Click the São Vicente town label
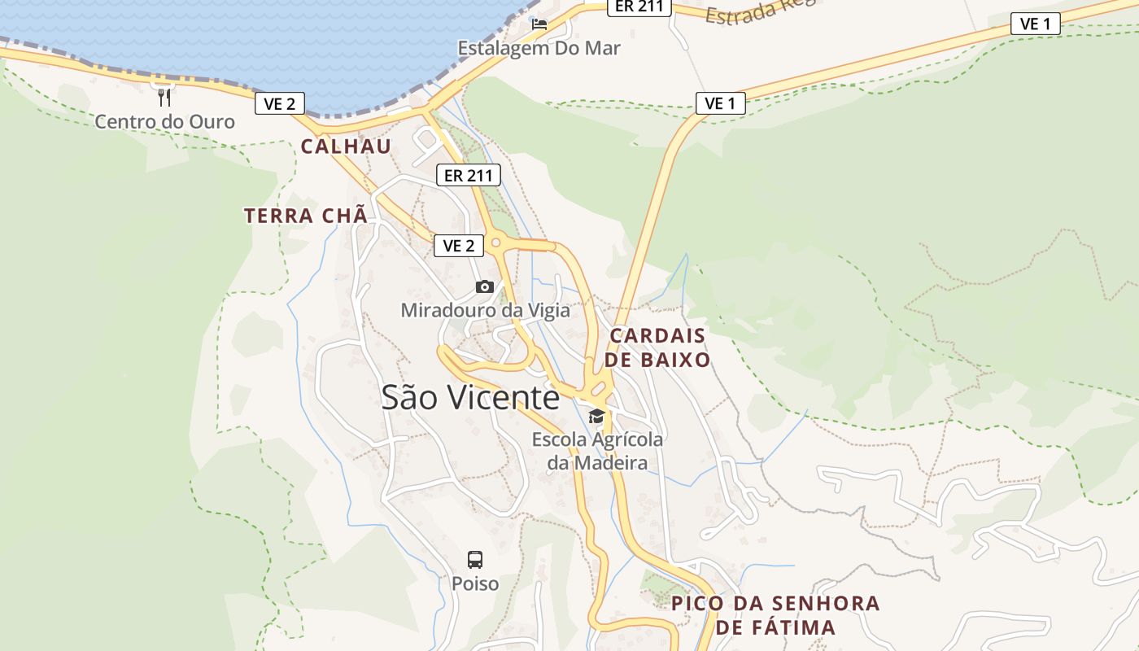[x=470, y=397]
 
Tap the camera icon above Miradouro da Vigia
[x=484, y=286]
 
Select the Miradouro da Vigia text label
[x=485, y=310]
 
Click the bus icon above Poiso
[x=475, y=559]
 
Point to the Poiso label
[x=475, y=583]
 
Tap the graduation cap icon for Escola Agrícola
[x=597, y=416]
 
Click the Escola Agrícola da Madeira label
[x=597, y=451]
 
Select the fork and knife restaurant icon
[x=164, y=98]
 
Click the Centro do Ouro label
[x=164, y=122]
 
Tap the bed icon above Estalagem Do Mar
[x=539, y=24]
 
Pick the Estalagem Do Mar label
[x=539, y=48]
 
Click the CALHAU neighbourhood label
[x=346, y=146]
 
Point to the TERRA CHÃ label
[x=306, y=216]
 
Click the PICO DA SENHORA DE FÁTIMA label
[x=775, y=615]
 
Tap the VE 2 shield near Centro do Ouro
[x=280, y=103]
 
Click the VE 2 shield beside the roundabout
[x=459, y=246]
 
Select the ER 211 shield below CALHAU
[x=468, y=174]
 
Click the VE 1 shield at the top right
[x=1035, y=24]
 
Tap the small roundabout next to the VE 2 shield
[x=495, y=242]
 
